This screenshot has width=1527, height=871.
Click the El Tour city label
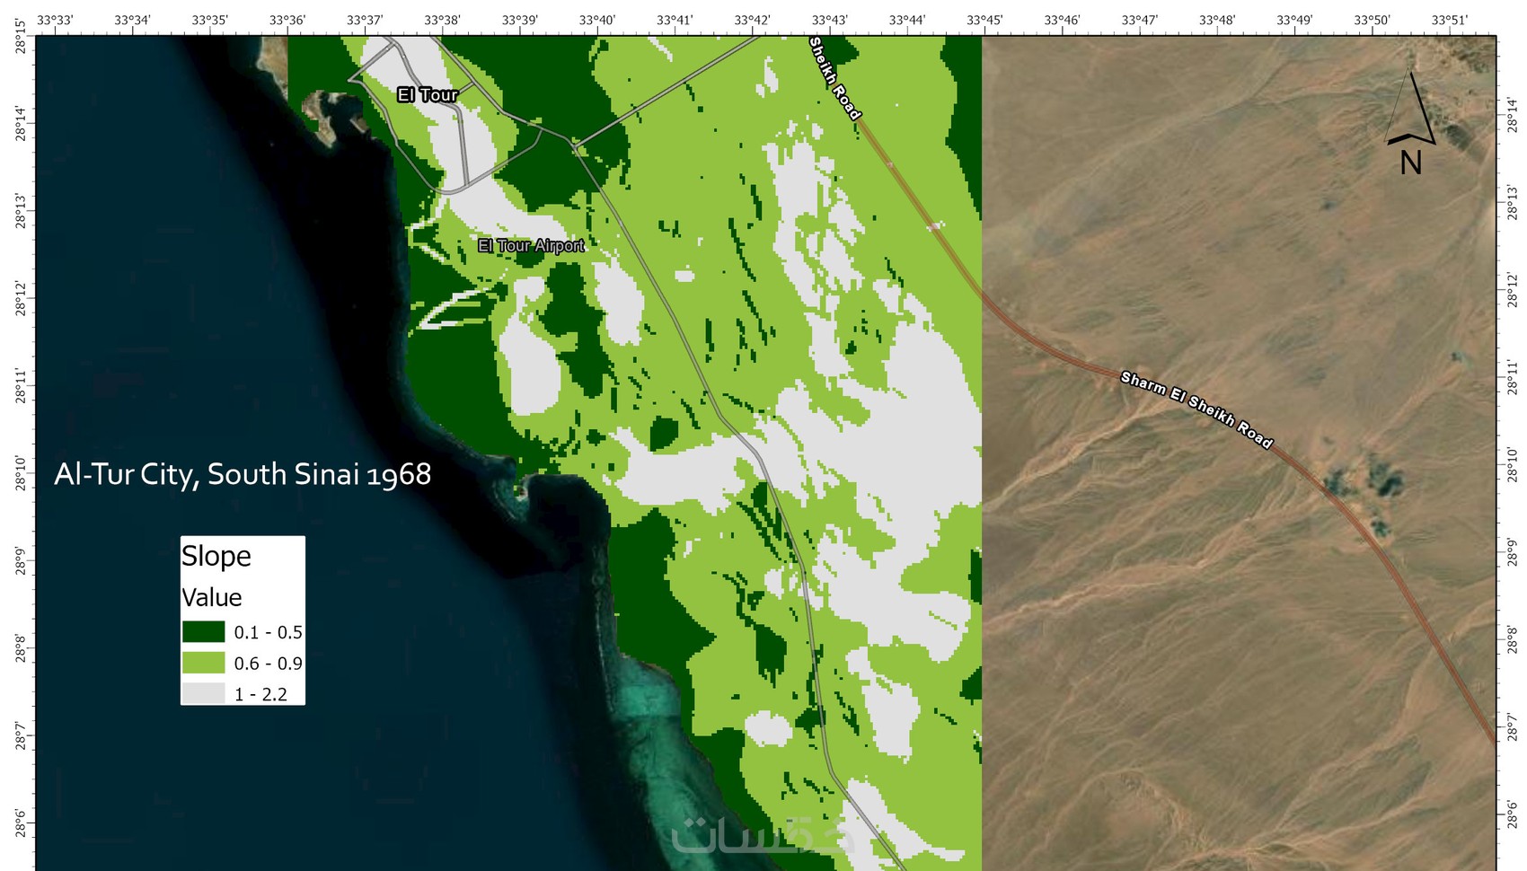point(428,94)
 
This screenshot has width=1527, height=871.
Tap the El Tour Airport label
point(531,245)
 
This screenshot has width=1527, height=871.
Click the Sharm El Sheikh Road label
point(1196,409)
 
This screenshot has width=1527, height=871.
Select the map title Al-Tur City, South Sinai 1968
point(243,474)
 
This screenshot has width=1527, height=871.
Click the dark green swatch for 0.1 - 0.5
point(203,632)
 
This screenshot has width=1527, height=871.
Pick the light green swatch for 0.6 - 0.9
point(203,664)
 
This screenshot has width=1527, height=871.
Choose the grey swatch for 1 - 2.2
point(203,694)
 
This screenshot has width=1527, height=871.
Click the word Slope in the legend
point(216,556)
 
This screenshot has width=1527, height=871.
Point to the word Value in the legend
point(212,598)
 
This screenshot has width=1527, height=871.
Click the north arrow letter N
point(1410,163)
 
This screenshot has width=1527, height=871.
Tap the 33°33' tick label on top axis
point(55,20)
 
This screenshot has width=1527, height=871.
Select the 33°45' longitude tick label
point(984,20)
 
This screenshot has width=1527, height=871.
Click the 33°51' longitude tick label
point(1449,20)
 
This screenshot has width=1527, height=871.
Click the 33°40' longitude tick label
point(597,20)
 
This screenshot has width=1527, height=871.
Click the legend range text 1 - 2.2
point(260,694)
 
